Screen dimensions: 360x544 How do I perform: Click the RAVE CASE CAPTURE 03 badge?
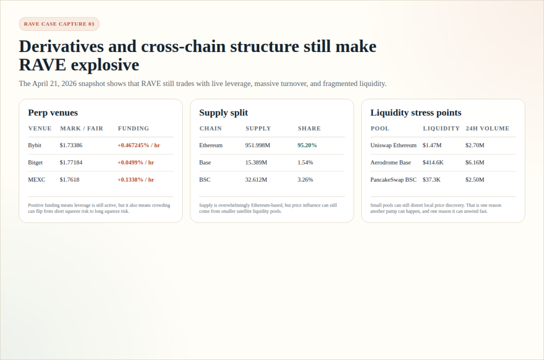[59, 24]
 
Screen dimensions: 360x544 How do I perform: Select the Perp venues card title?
[53, 113]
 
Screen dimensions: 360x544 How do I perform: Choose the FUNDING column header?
[133, 128]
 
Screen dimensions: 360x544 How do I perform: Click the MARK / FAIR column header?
[81, 128]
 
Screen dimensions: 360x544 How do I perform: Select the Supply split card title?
[223, 113]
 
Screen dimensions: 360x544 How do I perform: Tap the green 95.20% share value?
[307, 145]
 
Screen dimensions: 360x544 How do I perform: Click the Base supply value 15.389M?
[256, 162]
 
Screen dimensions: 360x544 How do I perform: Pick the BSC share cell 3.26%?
[305, 179]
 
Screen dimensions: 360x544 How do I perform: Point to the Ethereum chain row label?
[211, 145]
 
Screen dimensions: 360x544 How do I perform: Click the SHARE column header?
[309, 128]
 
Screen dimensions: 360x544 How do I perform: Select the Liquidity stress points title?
[415, 113]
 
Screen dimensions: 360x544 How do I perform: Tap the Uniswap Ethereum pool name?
[393, 145]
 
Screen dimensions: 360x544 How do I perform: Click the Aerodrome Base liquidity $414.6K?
[433, 162]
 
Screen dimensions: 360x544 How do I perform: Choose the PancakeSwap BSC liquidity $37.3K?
[431, 179]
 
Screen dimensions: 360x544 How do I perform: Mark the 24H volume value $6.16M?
[475, 162]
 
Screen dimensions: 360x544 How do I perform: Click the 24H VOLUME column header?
[487, 128]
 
